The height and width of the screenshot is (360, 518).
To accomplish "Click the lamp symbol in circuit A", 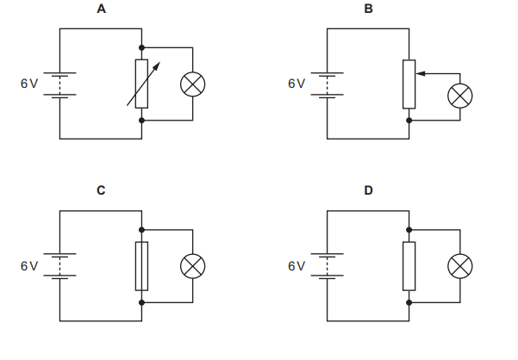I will click(x=192, y=84).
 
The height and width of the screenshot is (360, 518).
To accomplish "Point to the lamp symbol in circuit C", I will click(x=192, y=266).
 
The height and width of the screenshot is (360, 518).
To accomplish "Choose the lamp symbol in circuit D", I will click(x=459, y=266).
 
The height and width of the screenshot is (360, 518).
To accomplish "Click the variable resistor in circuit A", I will click(x=142, y=84).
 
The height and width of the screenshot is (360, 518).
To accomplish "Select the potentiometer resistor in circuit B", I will click(x=409, y=84).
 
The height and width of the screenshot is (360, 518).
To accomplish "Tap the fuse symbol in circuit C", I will click(x=142, y=266).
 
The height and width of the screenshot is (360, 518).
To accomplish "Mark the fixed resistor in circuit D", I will click(x=409, y=266).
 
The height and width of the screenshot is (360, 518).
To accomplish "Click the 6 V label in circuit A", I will click(x=29, y=84).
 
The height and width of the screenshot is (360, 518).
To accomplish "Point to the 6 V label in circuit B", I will click(x=296, y=84).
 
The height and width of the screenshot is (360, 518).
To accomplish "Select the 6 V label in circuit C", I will click(x=29, y=266).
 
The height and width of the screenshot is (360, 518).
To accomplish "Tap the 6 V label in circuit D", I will click(x=296, y=266).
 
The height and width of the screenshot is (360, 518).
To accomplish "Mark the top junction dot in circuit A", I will click(x=142, y=47).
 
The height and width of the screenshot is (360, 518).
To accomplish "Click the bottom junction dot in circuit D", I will click(x=409, y=302).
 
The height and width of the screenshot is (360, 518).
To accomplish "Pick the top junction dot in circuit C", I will click(x=142, y=229).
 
